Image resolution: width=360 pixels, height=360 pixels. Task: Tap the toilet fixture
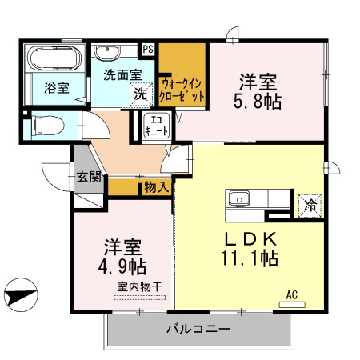(x=46, y=126)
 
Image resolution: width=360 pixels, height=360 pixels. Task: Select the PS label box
(x=148, y=49)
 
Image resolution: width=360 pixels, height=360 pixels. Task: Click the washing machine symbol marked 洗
(x=140, y=93)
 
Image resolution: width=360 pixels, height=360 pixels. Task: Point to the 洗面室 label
(x=122, y=74)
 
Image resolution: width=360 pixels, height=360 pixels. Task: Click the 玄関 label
(x=89, y=178)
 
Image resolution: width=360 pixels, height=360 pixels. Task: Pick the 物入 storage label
(x=157, y=188)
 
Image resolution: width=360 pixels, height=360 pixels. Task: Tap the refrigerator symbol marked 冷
(x=309, y=204)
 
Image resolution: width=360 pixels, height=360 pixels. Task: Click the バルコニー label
(x=198, y=330)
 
